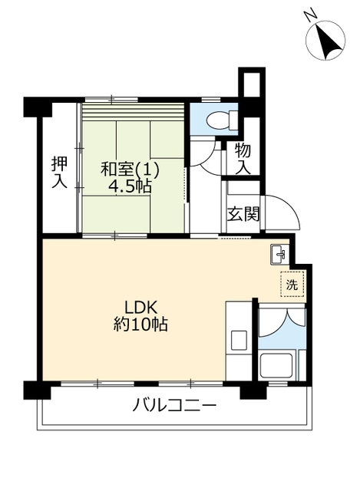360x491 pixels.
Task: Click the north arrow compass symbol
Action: pyautogui.click(x=325, y=41)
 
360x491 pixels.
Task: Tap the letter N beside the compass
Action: pyautogui.click(x=311, y=15)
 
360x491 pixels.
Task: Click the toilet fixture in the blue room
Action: pyautogui.click(x=222, y=119)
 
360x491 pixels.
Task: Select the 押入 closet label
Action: pyautogui.click(x=60, y=173)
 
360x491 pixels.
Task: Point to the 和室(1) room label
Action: pyautogui.click(x=130, y=169)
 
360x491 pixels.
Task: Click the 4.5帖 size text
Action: pyautogui.click(x=130, y=186)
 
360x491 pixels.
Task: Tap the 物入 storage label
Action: pyautogui.click(x=243, y=158)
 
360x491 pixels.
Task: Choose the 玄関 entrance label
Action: pyautogui.click(x=243, y=214)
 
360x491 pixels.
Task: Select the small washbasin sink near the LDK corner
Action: pyautogui.click(x=279, y=254)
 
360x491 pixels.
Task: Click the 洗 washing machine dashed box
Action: pyautogui.click(x=292, y=284)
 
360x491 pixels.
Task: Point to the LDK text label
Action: pyautogui.click(x=140, y=308)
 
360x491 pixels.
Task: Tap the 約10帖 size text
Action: pyautogui.click(x=140, y=325)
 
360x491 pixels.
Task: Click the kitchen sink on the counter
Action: pyautogui.click(x=239, y=340)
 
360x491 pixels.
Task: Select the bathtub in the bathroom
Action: pyautogui.click(x=276, y=366)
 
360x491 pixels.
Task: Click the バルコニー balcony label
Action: pyautogui.click(x=174, y=407)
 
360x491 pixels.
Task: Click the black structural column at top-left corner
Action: pyautogui.click(x=38, y=107)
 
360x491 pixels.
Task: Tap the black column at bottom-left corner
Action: pyautogui.click(x=38, y=390)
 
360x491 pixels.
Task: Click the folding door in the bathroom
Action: pyautogui.click(x=282, y=322)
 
